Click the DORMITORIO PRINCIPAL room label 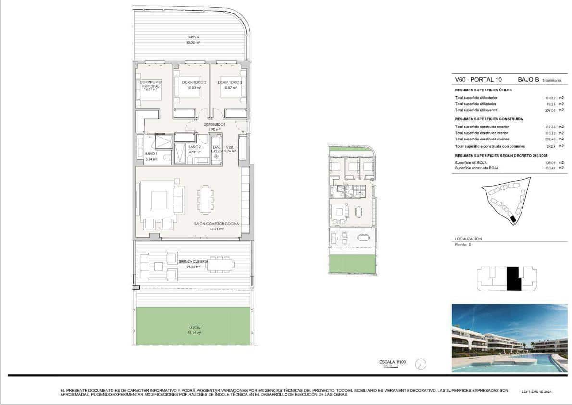[x=150, y=84]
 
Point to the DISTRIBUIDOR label [x=211, y=124]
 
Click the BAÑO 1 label [x=151, y=154]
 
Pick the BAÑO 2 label [x=194, y=147]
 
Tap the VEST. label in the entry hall [x=230, y=147]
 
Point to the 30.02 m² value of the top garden [x=193, y=42]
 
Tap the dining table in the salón [x=206, y=200]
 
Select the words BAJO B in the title [x=528, y=80]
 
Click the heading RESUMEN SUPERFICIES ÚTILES [x=483, y=90]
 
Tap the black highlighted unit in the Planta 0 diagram [x=513, y=278]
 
